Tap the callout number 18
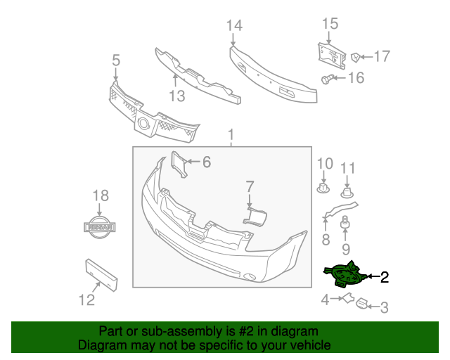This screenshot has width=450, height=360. pos(101,196)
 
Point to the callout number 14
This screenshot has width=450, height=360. pos(234,26)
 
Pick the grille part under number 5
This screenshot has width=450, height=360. pos(151,112)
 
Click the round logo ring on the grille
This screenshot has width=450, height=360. pos(144,125)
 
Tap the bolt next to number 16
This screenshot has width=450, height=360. pos(328,79)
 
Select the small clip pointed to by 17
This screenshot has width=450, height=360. pos(356,56)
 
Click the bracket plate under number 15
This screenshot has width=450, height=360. pos(330,54)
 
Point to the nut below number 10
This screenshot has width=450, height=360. pos(323,189)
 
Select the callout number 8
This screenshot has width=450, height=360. pos(326,240)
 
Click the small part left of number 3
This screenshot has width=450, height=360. pos(362,304)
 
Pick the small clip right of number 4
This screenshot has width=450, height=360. pos(346,300)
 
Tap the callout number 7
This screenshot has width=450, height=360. pos(249,186)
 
